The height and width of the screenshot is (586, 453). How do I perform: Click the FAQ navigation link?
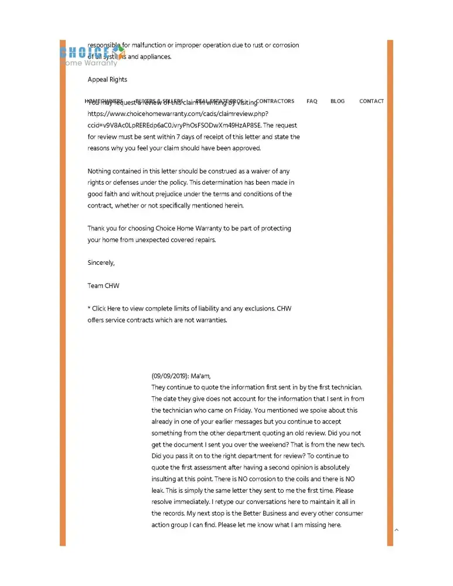[x=312, y=101]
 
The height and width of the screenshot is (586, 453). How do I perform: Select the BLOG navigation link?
[x=338, y=101]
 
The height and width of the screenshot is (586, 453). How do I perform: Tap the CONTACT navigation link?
[x=372, y=101]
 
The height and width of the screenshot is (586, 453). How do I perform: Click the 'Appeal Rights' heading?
[x=107, y=80]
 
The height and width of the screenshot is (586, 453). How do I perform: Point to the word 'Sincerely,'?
[x=101, y=263]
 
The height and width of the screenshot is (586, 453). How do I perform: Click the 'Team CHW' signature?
[x=103, y=286]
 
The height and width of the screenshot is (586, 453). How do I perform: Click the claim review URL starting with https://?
[x=178, y=114]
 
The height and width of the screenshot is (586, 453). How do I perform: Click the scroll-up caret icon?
[x=397, y=530]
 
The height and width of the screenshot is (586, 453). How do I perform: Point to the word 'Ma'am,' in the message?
[x=200, y=376]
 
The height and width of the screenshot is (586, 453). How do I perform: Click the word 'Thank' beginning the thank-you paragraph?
[x=97, y=229]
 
